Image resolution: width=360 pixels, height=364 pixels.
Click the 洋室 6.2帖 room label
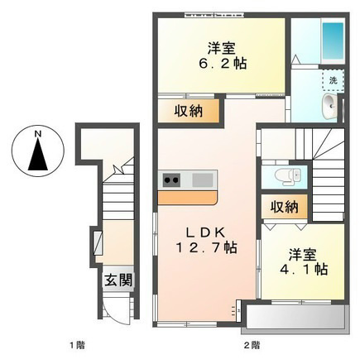[222, 56]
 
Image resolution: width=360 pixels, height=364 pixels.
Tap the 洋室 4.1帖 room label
[303, 262]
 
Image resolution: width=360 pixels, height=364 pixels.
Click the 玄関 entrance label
[118, 280]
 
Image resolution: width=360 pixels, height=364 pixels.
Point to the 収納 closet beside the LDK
[189, 111]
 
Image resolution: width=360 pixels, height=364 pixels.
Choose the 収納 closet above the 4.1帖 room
[285, 207]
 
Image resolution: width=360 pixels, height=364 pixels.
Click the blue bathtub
[332, 43]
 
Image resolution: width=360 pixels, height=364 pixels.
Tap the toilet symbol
[287, 176]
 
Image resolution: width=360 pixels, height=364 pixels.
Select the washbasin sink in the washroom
[330, 106]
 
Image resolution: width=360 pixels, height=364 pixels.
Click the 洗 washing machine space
[334, 80]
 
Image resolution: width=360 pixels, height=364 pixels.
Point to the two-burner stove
[171, 180]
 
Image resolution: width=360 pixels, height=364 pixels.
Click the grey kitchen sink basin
[203, 180]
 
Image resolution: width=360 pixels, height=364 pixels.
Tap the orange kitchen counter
[187, 198]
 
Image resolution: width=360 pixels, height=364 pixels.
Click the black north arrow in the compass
[38, 155]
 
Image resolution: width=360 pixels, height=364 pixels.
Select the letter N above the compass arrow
[38, 135]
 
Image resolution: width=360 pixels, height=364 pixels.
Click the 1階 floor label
[77, 345]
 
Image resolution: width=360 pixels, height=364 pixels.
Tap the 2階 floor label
[252, 345]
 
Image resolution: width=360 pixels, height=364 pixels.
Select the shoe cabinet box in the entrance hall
[98, 243]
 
